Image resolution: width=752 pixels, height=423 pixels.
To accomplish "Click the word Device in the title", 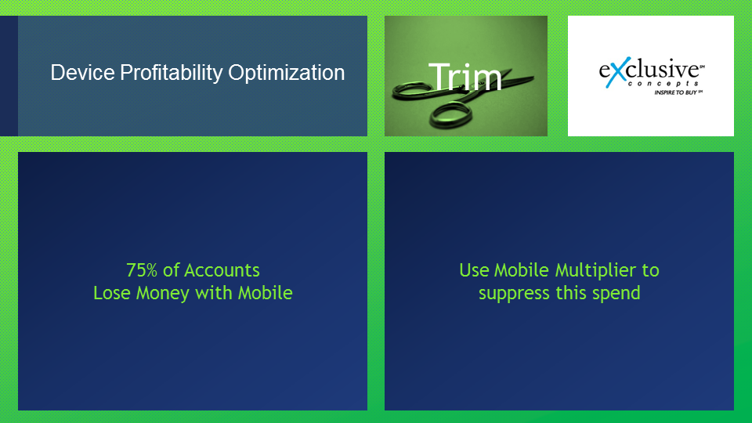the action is (82, 72).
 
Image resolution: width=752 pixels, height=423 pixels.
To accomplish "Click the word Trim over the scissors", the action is (465, 77).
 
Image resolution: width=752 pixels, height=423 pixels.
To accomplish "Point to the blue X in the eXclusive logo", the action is (616, 72).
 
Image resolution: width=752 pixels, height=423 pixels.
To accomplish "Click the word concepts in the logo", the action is (663, 84).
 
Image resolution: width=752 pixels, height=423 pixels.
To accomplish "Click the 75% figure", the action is (142, 270).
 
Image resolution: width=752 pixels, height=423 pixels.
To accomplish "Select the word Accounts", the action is (222, 270).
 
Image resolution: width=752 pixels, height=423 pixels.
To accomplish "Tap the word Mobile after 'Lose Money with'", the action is (266, 293).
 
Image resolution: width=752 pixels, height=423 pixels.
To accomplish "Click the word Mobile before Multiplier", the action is (522, 270).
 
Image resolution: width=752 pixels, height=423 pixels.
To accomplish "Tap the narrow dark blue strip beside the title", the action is (9, 76).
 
